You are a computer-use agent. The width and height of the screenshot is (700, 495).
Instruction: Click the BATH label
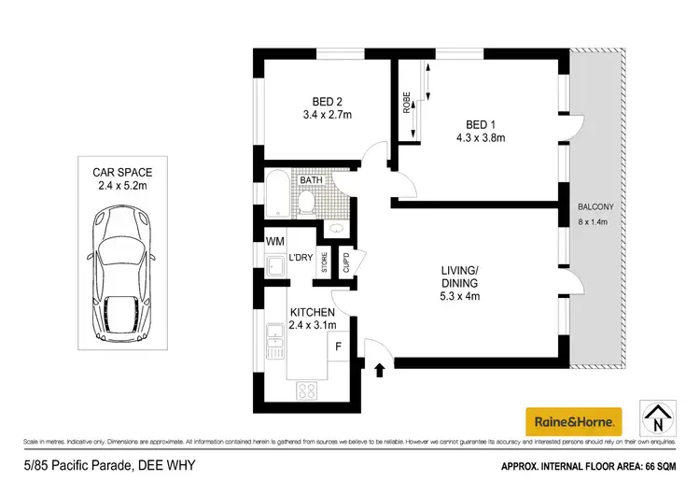311,181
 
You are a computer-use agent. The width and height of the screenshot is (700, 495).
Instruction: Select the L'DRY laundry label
300,257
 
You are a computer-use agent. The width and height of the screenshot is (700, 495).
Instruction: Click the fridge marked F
337,346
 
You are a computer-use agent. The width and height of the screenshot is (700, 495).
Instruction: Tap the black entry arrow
379,371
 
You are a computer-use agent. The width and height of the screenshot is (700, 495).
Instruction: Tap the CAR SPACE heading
122,172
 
